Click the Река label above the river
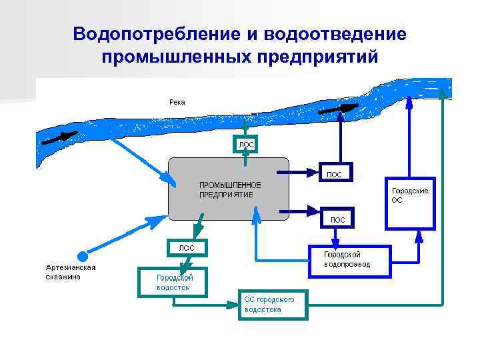pyautogui.click(x=177, y=102)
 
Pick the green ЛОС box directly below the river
pyautogui.click(x=245, y=145)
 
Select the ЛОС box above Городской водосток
pyautogui.click(x=187, y=247)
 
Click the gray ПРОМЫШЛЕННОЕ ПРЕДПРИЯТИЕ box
pyautogui.click(x=229, y=189)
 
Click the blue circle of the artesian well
pyautogui.click(x=82, y=256)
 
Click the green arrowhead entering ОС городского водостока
pyautogui.click(x=233, y=305)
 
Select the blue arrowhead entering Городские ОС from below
pyautogui.click(x=418, y=235)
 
